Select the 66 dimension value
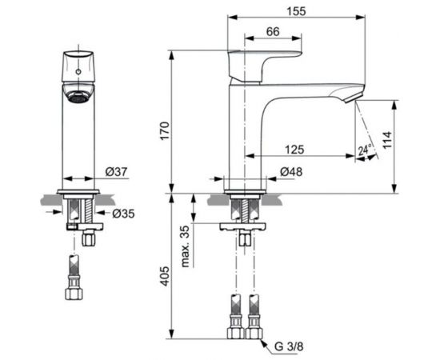pyautogui.click(x=273, y=31)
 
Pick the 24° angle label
pyautogui.click(x=365, y=150)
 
